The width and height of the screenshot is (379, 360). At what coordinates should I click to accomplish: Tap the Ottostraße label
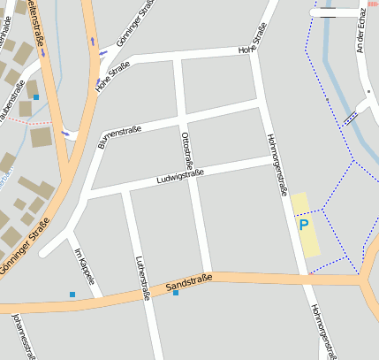pos(186,149)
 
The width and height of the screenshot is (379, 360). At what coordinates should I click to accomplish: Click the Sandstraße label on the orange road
pos(188,283)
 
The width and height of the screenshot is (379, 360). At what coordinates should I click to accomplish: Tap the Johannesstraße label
pos(25,336)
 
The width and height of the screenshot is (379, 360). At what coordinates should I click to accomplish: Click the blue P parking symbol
pos(304,226)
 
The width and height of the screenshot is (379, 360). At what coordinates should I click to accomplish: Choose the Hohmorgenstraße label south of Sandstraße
pos(322,332)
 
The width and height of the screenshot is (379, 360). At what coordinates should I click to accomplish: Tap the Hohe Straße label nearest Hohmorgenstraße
pos(253,41)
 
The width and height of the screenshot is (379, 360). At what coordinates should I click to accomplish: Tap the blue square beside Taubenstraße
pos(36,96)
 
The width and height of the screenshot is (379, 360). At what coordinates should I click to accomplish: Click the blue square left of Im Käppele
pos(72,294)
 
